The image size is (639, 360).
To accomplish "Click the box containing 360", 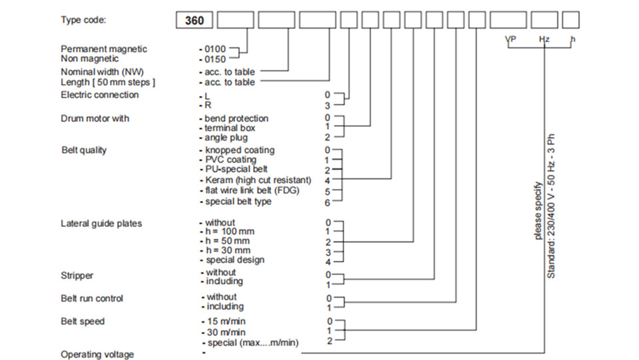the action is click(194, 21).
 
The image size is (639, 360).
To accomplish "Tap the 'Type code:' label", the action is click(83, 20).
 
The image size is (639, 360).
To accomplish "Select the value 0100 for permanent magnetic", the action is click(215, 49).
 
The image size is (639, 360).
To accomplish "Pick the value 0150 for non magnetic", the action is click(215, 59).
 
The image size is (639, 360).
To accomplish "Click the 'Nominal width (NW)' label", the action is click(102, 72).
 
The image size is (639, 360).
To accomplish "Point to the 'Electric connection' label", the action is click(99, 95).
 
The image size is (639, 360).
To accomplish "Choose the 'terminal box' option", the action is click(230, 128).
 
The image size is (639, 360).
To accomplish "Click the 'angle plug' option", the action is click(226, 138).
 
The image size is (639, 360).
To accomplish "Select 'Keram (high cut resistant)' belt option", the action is click(258, 180).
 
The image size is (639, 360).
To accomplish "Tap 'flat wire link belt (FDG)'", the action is click(252, 190).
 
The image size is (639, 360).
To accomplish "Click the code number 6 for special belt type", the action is click(327, 202).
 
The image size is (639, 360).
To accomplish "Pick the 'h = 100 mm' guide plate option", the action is click(230, 232).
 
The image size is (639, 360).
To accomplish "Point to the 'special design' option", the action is click(235, 260).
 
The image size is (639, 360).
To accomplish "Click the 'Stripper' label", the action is click(77, 275).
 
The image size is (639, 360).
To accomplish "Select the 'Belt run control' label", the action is click(92, 299).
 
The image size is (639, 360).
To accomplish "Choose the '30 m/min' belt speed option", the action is click(226, 332).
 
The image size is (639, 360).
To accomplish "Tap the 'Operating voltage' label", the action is click(97, 355).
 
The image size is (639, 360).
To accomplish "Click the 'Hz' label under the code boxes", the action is click(544, 39).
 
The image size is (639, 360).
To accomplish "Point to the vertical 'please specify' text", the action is click(538, 210).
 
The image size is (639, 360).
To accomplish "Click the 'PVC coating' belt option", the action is click(231, 160).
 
